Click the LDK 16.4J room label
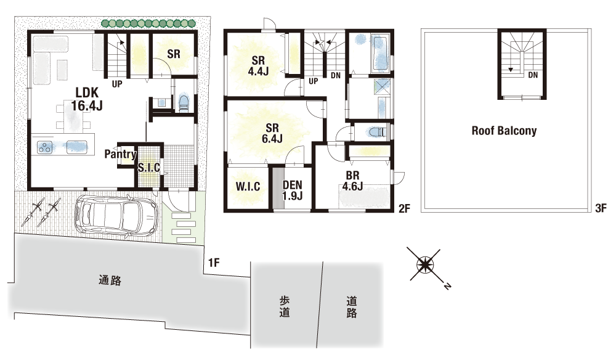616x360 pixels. [87, 99]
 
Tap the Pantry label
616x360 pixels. [120, 154]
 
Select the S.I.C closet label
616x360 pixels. [149, 168]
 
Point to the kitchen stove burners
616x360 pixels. [45, 148]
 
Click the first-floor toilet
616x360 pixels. [184, 103]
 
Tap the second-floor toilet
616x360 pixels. [376, 132]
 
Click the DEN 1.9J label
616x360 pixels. [293, 190]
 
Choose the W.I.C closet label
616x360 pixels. [248, 186]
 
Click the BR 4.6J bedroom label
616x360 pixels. [352, 181]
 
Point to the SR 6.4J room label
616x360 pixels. [272, 133]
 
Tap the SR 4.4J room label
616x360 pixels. [258, 65]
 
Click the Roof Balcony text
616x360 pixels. [504, 131]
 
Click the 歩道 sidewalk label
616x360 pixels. [285, 306]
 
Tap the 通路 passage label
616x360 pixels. [110, 280]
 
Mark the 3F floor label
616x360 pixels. [601, 208]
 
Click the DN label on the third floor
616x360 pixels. [533, 75]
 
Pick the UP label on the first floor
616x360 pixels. [117, 84]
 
